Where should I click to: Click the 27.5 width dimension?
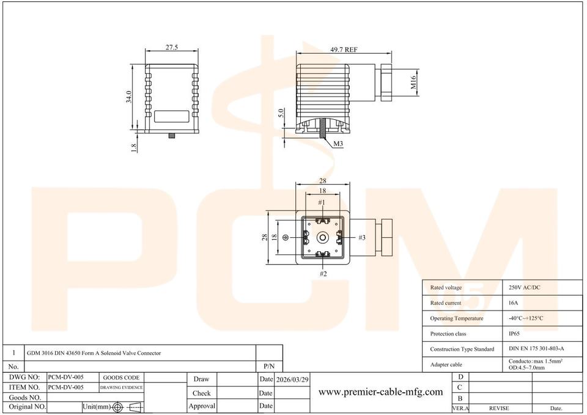click(x=171, y=47)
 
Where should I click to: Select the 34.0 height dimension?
click(x=129, y=97)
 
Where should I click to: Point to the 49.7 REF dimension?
click(x=344, y=50)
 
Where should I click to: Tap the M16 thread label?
click(x=413, y=83)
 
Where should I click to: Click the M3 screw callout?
click(x=338, y=144)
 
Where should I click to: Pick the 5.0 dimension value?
click(x=281, y=113)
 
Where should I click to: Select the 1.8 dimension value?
click(x=134, y=148)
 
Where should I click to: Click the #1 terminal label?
click(x=322, y=202)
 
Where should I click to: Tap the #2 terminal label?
click(x=323, y=274)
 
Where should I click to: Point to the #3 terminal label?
click(x=361, y=237)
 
